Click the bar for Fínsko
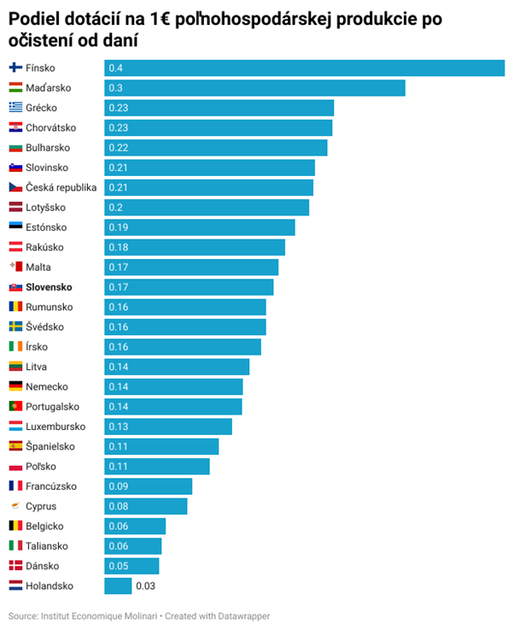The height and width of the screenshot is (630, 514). click(305, 68)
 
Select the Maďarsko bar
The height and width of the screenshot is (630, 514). click(254, 88)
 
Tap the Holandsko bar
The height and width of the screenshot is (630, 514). click(118, 586)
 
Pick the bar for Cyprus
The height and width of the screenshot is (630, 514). click(145, 506)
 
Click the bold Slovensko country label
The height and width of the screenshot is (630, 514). click(49, 287)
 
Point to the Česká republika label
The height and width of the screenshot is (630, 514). click(61, 187)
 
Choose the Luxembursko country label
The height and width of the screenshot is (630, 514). click(55, 427)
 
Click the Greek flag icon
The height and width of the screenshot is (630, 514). click(15, 108)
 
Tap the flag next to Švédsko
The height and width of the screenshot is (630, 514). click(15, 327)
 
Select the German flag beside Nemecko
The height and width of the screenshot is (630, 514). click(15, 386)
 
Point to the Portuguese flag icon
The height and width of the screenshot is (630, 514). click(15, 406)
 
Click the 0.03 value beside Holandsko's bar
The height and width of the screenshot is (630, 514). click(145, 586)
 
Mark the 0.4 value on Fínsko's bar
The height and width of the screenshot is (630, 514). click(115, 68)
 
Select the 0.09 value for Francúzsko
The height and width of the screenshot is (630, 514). click(118, 486)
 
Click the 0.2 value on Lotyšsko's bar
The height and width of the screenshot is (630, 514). click(115, 208)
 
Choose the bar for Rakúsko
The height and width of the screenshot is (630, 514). click(195, 247)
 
